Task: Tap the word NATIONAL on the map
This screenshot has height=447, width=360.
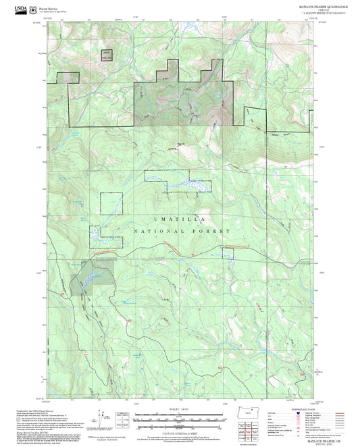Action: (x=154, y=232)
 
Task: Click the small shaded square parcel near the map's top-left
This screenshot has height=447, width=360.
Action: (x=106, y=55)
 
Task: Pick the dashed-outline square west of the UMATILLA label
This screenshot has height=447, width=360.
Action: (x=112, y=204)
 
